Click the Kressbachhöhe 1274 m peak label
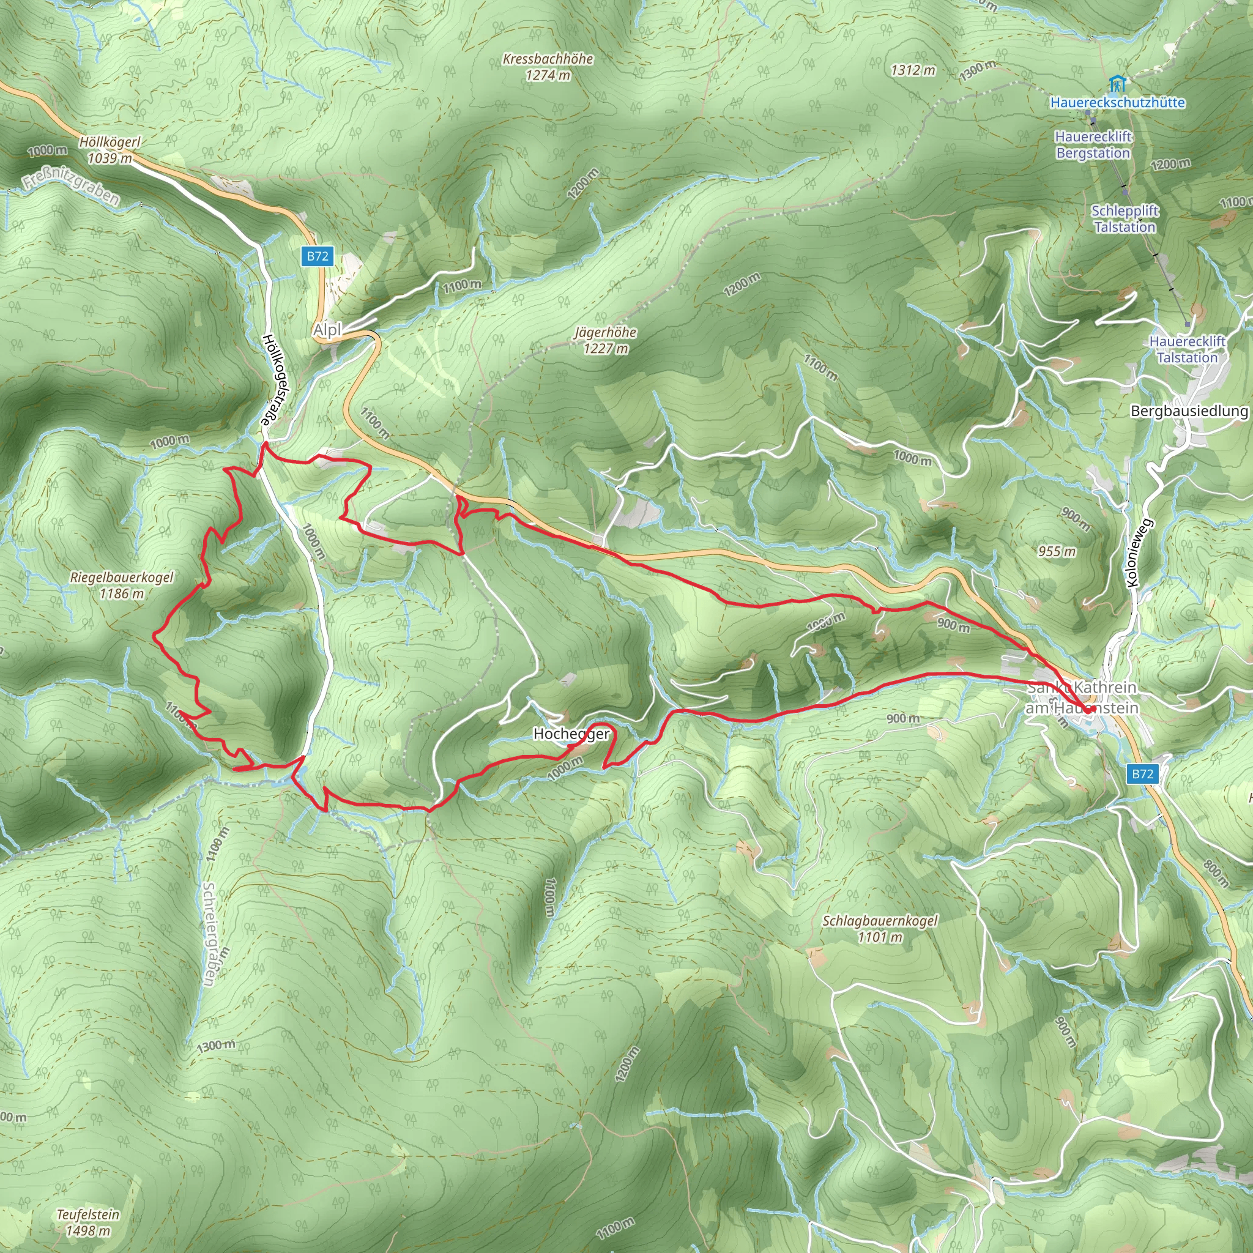pos(548,67)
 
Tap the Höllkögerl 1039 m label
pos(110,150)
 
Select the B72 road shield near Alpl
pos(317,256)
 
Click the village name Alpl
pos(327,330)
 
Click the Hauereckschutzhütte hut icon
pos(1116,83)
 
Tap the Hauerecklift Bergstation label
pos(1093,144)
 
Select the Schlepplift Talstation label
pos(1125,218)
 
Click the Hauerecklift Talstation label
pos(1187,349)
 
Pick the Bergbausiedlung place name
pos(1189,411)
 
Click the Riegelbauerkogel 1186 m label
pos(121,585)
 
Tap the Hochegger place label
pos(571,734)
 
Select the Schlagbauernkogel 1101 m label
pos(879,929)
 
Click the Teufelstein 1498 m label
pos(87,1222)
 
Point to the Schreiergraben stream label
pos(209,933)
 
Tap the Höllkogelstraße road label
pos(276,379)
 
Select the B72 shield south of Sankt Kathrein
pos(1142,774)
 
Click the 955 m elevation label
pos(1057,551)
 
